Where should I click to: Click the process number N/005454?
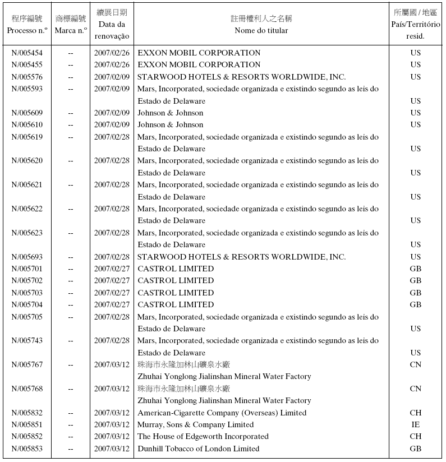click(27, 53)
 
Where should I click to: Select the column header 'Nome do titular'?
click(261, 30)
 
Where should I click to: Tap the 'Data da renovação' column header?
click(112, 30)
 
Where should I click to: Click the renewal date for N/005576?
click(112, 77)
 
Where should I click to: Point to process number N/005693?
click(27, 257)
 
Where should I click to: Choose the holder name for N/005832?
click(222, 413)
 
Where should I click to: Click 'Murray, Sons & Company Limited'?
click(195, 424)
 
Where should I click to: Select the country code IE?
click(415, 424)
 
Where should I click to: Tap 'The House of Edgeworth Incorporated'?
click(203, 436)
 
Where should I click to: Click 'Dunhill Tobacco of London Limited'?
click(198, 449)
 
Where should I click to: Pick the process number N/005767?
click(27, 364)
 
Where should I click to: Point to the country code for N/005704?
click(415, 304)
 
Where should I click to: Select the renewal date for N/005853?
click(112, 449)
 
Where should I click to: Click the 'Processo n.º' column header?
click(27, 30)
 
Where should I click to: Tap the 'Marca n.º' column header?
click(71, 30)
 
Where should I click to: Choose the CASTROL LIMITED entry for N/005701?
click(176, 269)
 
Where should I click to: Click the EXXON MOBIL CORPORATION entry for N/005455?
click(199, 64)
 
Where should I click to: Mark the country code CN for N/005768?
click(415, 389)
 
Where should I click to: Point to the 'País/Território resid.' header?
click(415, 30)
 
